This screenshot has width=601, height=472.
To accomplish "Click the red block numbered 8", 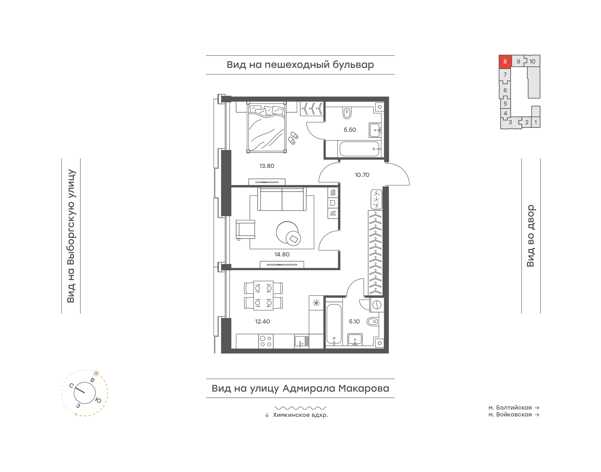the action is (x=505, y=62).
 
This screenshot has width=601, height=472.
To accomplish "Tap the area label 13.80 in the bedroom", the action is (x=266, y=166).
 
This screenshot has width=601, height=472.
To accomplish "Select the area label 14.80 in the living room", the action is (x=282, y=254).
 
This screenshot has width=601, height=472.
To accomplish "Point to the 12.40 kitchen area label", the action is (x=262, y=321).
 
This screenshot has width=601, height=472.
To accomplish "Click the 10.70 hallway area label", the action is (x=362, y=175).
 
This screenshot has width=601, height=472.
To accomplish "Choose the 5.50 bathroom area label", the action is (x=350, y=130).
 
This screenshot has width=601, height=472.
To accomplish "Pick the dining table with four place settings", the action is (x=263, y=295).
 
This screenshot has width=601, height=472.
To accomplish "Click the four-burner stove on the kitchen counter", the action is (x=266, y=341).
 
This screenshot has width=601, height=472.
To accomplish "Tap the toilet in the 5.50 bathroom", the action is (x=347, y=113).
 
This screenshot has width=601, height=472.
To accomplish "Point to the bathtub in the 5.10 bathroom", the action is (x=334, y=324).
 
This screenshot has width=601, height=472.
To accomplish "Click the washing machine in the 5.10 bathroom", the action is (x=377, y=305).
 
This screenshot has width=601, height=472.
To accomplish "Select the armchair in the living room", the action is (x=245, y=229).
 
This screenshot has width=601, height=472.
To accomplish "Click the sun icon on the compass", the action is (x=96, y=373).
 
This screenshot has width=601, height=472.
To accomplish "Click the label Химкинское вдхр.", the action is (x=300, y=415).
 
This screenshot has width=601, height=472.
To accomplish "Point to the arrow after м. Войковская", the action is (x=537, y=415).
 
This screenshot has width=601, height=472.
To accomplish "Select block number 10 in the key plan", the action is (x=532, y=62).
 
